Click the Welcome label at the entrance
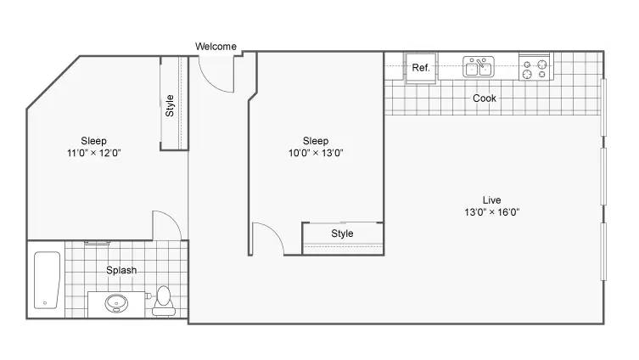point(216,47)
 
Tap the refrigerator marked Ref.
point(421,67)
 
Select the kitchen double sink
point(479,67)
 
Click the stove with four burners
point(535,67)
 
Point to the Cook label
point(485,98)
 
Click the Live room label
point(491,200)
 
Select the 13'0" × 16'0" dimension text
point(491,212)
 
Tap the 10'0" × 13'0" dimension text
point(316,153)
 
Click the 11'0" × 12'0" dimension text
point(93,153)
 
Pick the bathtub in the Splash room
point(47,280)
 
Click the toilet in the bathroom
point(164,301)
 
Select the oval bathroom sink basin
point(116,303)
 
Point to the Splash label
point(121,270)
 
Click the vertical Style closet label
point(170,105)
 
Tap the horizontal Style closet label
point(342,233)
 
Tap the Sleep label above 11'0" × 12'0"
point(93,141)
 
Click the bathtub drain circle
point(45,303)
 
